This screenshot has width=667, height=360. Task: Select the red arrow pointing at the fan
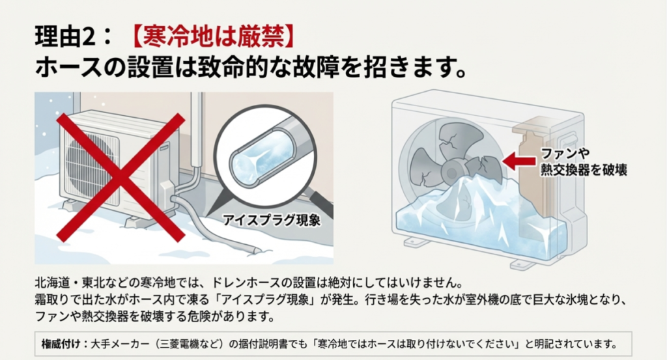[x=518, y=161]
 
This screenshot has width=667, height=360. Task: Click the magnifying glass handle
[x=321, y=203]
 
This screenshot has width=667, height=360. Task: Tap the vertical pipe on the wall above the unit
[x=196, y=130]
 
